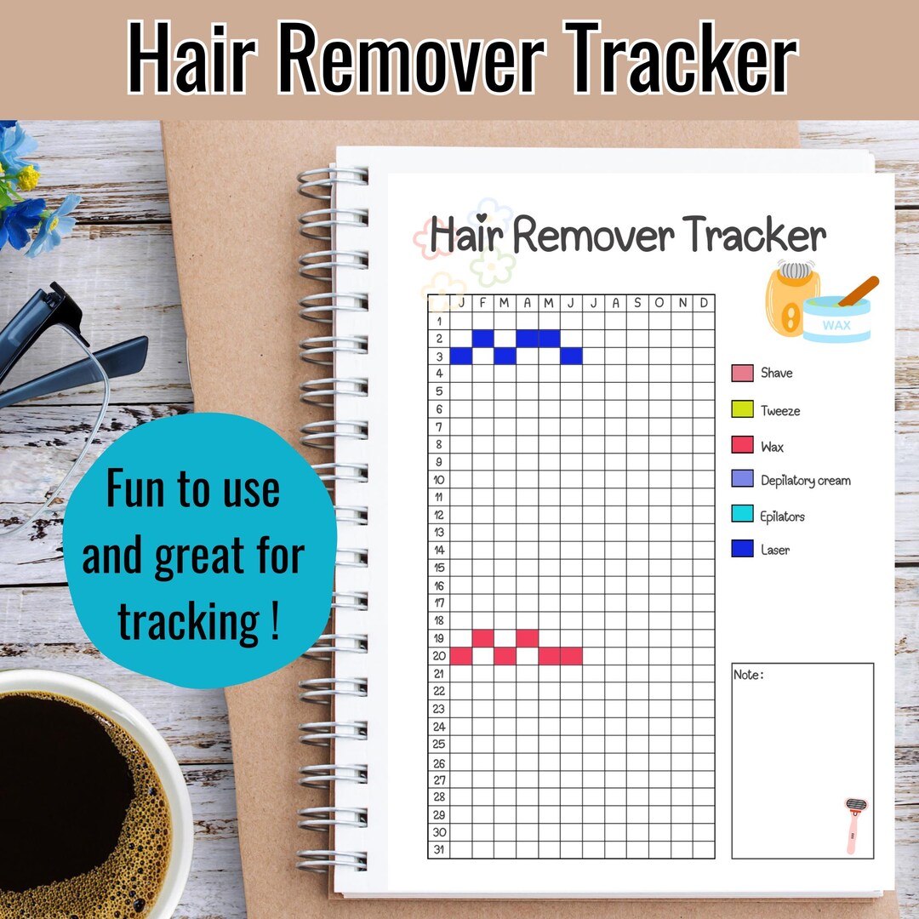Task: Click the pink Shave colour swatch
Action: [x=742, y=373]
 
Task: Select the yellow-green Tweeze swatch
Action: [x=742, y=410]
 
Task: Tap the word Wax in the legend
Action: [x=773, y=447]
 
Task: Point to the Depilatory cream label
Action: [x=805, y=481]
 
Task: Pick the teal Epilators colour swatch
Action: [x=742, y=516]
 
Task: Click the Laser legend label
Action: [x=775, y=550]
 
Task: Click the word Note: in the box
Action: [x=748, y=675]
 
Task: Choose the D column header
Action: [x=704, y=303]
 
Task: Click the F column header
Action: [x=482, y=303]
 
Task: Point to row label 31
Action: [x=439, y=849]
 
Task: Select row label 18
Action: [x=439, y=620]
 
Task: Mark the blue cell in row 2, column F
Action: [x=482, y=338]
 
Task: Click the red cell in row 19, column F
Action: [x=482, y=637]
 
